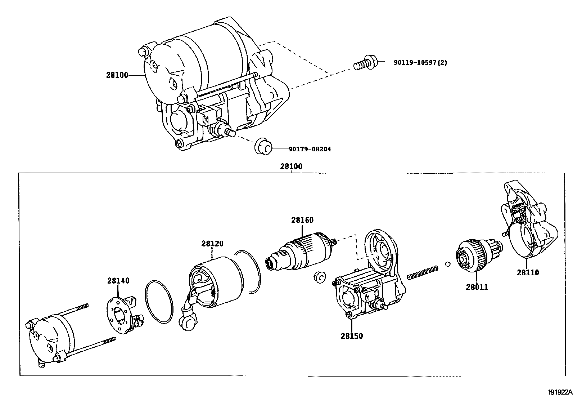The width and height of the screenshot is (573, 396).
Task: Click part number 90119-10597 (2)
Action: click(420, 62)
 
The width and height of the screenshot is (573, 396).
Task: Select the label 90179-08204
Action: click(310, 149)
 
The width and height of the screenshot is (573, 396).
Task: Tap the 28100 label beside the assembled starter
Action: click(117, 75)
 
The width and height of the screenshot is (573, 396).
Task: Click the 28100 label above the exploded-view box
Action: click(291, 166)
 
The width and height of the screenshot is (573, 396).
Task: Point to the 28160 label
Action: click(302, 220)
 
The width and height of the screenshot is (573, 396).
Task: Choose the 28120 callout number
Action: click(212, 244)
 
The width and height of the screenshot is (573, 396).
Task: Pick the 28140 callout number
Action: click(118, 281)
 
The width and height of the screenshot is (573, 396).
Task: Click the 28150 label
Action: click(352, 336)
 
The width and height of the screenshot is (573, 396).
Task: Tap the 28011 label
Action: click(477, 287)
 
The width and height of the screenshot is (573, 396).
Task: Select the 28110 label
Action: click(528, 272)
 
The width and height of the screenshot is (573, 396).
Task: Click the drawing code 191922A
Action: click(560, 392)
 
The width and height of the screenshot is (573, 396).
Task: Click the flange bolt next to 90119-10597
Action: click(365, 62)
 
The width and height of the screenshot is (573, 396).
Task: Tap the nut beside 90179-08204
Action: click(263, 146)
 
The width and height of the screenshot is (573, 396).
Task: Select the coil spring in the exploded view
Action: click(422, 272)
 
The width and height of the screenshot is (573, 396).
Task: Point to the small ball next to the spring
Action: click(448, 264)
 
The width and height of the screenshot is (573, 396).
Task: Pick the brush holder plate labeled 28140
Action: click(125, 315)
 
